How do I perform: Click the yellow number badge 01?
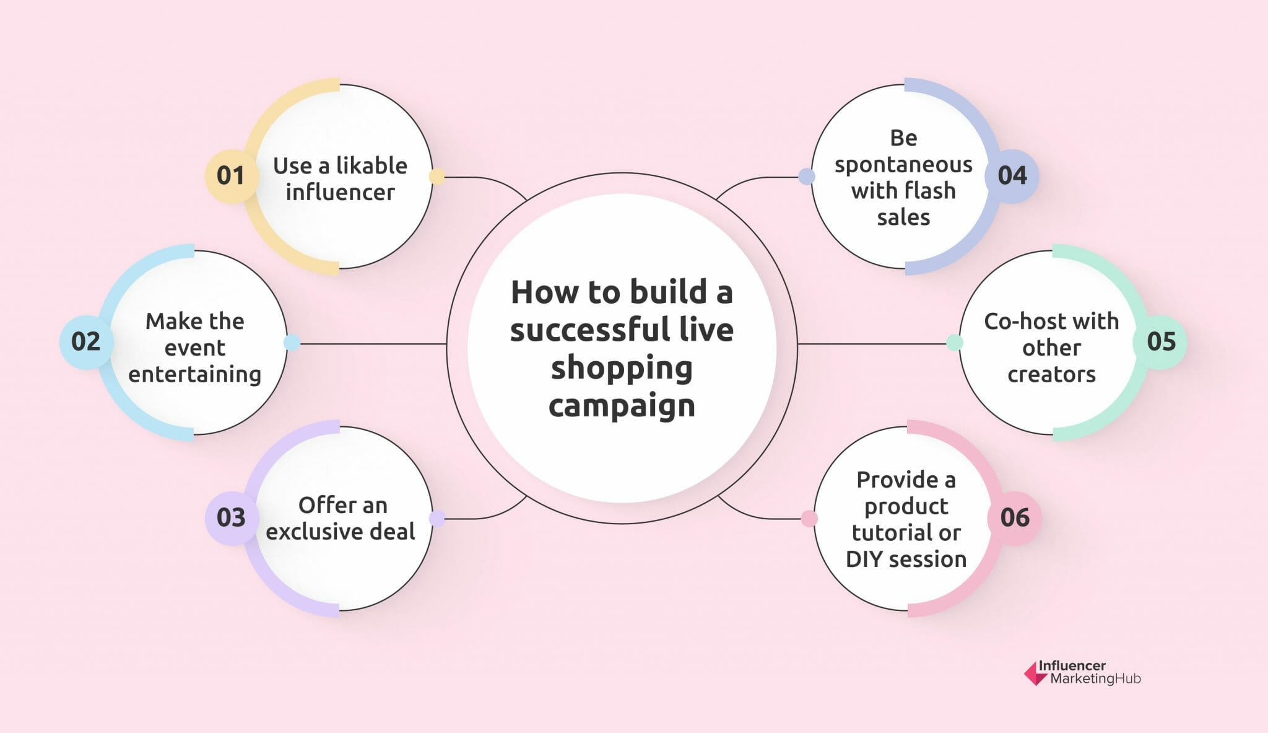tap(231, 176)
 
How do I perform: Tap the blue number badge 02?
tap(85, 342)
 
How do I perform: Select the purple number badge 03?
tap(231, 518)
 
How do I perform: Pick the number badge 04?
tap(1012, 176)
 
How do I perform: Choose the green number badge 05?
tap(1160, 342)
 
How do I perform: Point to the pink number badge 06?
tap(1015, 518)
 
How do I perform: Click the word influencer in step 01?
tap(340, 193)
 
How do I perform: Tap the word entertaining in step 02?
tap(194, 375)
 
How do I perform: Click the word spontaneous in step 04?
tap(903, 165)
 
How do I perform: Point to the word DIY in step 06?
tap(864, 560)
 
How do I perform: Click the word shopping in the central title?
tap(622, 368)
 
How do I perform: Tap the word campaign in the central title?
tap(622, 406)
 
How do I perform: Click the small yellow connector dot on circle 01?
tap(436, 177)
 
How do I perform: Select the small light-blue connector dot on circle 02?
tap(292, 343)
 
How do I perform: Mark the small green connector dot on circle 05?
tap(955, 343)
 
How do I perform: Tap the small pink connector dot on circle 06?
tap(809, 519)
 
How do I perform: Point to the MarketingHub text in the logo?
tap(1095, 679)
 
